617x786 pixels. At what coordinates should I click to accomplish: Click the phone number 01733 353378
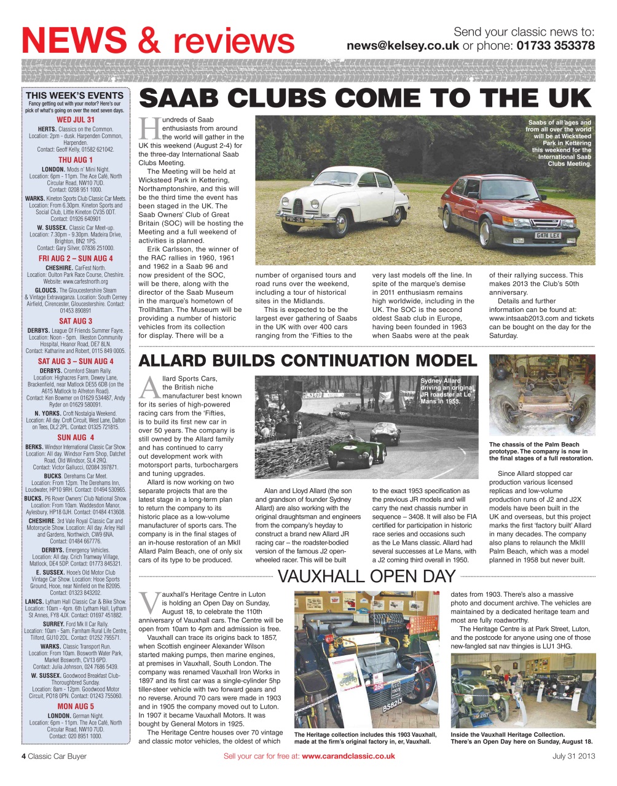(x=555, y=45)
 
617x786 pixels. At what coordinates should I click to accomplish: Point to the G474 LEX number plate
(x=547, y=235)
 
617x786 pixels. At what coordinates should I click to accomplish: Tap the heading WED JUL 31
(x=75, y=120)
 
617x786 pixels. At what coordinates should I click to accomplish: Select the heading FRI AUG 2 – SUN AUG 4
(x=76, y=259)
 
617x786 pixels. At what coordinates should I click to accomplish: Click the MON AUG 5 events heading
(x=76, y=706)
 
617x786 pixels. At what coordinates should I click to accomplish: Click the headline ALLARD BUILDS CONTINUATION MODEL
(x=308, y=360)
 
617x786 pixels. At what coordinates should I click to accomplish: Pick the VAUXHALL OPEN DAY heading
(x=367, y=576)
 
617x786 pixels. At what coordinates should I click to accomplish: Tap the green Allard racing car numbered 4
(x=356, y=452)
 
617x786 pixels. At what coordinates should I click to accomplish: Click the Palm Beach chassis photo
(x=541, y=396)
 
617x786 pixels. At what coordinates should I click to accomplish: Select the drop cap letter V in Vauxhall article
(x=149, y=602)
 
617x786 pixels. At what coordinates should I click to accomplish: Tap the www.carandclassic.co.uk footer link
(x=348, y=756)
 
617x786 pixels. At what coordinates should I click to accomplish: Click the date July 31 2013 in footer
(x=573, y=756)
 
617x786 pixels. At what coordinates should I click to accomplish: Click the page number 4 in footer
(x=24, y=756)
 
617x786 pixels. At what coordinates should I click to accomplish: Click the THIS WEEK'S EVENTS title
(x=74, y=95)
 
